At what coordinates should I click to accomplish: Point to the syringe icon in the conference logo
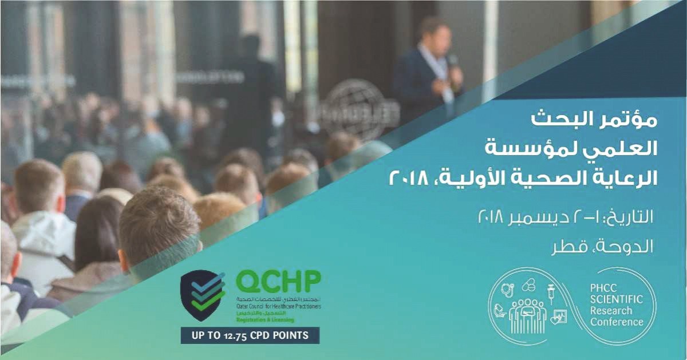tap(551, 292)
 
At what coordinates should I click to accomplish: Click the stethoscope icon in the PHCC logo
tap(507, 290)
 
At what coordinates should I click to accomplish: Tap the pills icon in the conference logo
tap(528, 284)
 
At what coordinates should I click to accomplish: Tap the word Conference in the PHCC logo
tap(617, 322)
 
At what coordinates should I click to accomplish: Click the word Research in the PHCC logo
tap(612, 311)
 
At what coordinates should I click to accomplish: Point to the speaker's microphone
tap(452, 61)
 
